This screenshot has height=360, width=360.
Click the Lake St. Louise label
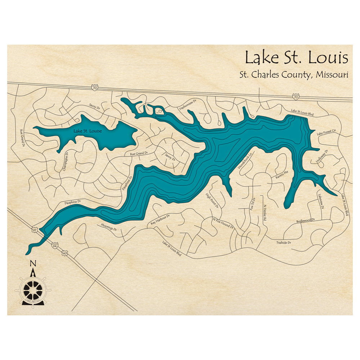pyautogui.click(x=87, y=131)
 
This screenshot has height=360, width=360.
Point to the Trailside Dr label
pyautogui.click(x=284, y=243)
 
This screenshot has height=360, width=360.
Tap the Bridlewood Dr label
pyautogui.click(x=306, y=220)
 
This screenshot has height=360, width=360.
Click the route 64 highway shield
pyautogui.click(x=54, y=246)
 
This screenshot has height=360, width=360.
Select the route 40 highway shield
pyautogui.click(x=65, y=253)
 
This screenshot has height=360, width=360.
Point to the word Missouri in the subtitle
pyautogui.click(x=332, y=75)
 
